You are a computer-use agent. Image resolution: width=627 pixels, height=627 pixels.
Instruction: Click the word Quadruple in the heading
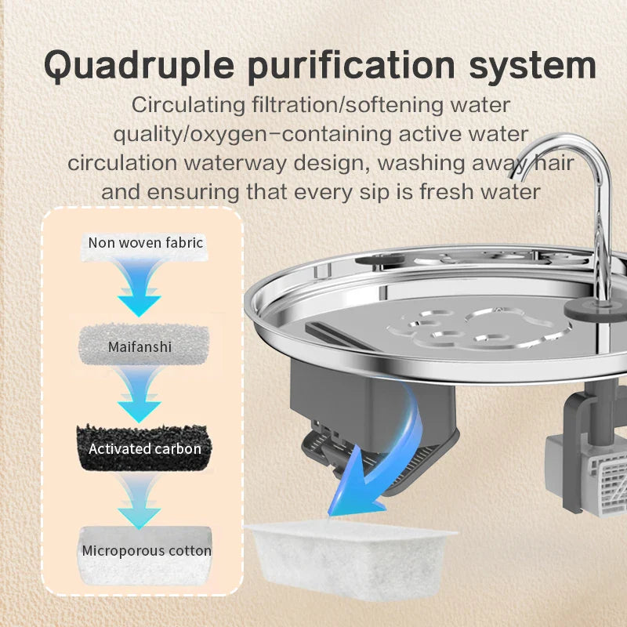[139, 66]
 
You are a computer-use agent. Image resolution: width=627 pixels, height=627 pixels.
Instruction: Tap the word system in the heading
[532, 66]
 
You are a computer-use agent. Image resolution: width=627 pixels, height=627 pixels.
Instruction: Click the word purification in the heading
[351, 66]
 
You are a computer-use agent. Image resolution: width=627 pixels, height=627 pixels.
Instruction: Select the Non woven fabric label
[146, 243]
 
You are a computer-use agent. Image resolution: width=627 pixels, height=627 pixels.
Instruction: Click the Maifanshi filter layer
[143, 346]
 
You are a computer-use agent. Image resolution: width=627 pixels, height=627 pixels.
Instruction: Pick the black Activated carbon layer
[144, 448]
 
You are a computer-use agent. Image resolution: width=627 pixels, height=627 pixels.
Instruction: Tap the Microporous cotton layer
[146, 555]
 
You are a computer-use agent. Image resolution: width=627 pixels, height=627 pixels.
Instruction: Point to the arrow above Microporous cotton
[140, 500]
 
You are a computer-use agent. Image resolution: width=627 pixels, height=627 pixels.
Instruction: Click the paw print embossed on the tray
[478, 327]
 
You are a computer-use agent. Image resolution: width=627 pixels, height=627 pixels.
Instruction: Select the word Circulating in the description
[188, 106]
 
